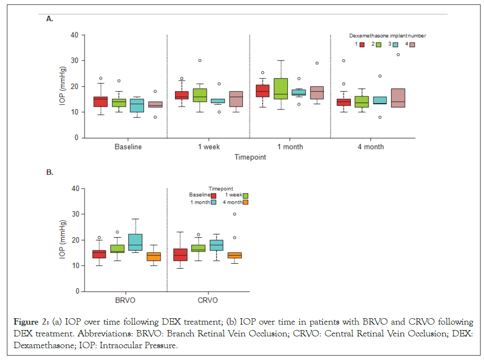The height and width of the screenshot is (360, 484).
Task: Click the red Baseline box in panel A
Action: [100, 102]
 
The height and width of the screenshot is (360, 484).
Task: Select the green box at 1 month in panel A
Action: [280, 89]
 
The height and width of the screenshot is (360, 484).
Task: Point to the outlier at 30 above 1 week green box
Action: [200, 60]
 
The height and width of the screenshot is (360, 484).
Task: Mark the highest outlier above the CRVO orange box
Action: [234, 214]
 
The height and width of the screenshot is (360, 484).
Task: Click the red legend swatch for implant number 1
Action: [362, 44]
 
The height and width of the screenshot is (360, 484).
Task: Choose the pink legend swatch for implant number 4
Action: [412, 44]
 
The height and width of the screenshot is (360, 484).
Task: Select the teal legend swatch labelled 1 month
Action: [213, 202]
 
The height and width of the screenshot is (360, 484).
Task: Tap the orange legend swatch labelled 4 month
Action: [245, 202]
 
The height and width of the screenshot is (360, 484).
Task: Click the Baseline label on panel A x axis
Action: [128, 147]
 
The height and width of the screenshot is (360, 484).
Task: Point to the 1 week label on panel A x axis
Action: [208, 147]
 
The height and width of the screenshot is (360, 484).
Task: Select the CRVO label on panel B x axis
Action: [208, 300]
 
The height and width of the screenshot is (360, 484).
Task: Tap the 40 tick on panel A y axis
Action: [74, 35]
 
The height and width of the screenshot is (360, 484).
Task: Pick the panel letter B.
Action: [49, 172]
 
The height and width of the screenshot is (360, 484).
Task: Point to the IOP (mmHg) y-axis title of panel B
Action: [63, 240]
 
